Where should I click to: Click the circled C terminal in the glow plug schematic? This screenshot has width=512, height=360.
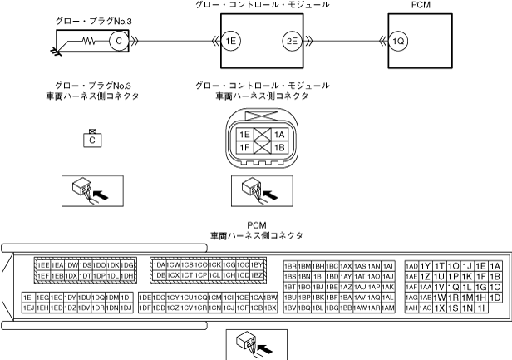click(118, 38)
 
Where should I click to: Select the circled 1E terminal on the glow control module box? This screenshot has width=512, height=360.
click(230, 38)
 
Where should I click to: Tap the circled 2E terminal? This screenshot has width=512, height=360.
click(291, 38)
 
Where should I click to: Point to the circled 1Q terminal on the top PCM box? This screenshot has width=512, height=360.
click(398, 38)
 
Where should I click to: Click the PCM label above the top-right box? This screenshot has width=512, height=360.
click(421, 5)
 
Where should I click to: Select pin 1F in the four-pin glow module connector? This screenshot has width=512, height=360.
click(244, 147)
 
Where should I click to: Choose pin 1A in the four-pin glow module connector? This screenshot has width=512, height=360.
click(278, 135)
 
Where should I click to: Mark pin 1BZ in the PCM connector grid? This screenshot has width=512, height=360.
click(257, 275)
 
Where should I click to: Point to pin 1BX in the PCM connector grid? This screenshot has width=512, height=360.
click(270, 308)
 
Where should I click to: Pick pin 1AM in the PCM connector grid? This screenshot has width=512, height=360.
click(387, 308)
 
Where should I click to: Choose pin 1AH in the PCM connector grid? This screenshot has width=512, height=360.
click(411, 308)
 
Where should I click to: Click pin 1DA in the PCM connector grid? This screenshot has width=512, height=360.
click(160, 264)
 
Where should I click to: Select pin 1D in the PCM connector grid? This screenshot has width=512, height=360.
click(495, 298)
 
